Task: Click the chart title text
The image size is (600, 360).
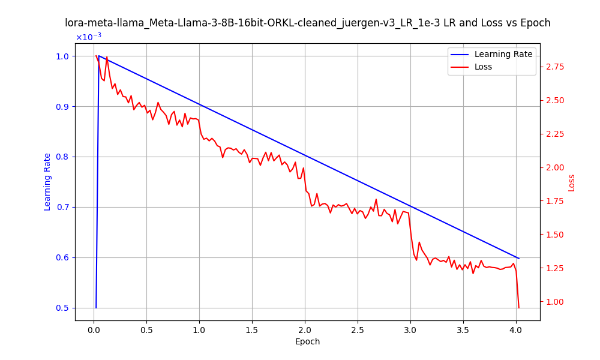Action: click(x=307, y=23)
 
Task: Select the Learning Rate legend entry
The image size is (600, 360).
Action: click(x=503, y=54)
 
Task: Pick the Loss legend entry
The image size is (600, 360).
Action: click(x=483, y=67)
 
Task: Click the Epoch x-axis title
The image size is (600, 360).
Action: click(x=307, y=341)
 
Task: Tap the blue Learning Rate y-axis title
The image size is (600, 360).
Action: click(x=47, y=182)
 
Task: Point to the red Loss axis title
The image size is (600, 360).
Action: click(x=571, y=182)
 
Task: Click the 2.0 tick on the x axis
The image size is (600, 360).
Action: click(x=305, y=329)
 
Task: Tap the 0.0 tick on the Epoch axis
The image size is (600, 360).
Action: click(x=94, y=329)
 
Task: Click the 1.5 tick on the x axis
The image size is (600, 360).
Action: click(x=252, y=329)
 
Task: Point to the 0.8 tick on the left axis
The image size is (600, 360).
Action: click(x=61, y=157)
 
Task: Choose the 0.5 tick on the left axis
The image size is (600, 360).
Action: click(x=61, y=308)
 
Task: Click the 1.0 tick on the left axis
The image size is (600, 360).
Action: click(x=61, y=56)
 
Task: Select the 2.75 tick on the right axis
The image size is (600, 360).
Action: click(x=555, y=67)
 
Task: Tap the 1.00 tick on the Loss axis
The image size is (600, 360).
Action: click(x=555, y=302)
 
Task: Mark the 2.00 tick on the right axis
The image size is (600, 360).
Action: click(x=555, y=167)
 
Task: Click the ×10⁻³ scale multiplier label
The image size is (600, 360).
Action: click(x=88, y=37)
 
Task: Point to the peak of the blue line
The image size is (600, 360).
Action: click(x=98, y=56)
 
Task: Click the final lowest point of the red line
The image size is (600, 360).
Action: click(x=518, y=308)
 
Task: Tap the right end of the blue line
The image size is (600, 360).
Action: click(x=518, y=258)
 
